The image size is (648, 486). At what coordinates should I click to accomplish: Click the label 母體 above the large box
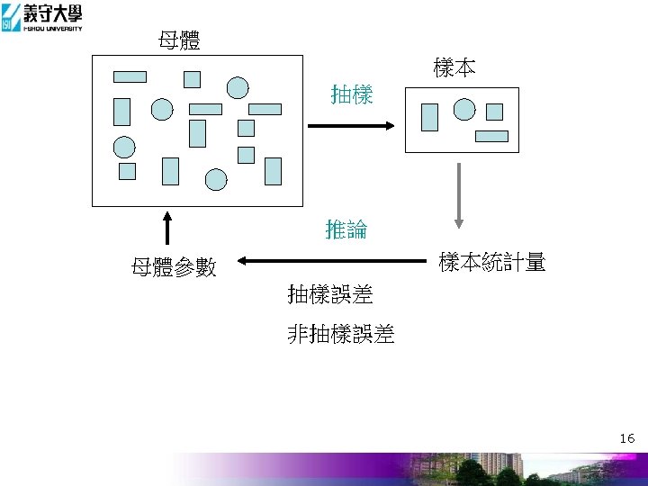179,40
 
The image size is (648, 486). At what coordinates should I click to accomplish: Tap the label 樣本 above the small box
454,67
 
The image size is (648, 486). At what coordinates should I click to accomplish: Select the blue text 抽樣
352,94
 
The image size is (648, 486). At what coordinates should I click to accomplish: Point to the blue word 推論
346,229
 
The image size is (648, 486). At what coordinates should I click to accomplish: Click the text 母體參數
174,267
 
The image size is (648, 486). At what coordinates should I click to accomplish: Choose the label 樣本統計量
492,263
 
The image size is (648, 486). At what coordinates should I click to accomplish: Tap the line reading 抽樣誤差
330,293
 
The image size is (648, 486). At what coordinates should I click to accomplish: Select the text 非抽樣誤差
341,335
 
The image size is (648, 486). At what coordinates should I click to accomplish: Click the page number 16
627,438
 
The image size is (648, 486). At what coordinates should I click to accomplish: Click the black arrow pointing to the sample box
351,126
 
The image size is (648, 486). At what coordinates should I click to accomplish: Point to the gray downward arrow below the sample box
459,194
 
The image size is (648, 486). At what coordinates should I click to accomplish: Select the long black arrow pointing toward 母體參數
333,262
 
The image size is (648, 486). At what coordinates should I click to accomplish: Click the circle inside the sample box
464,110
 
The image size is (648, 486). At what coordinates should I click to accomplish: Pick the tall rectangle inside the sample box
430,117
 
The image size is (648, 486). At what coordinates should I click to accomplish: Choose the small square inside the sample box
494,112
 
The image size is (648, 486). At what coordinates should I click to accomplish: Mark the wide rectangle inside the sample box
491,137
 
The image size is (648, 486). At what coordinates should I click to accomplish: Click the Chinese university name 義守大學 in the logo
53,12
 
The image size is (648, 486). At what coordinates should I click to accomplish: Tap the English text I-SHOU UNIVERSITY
51,28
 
